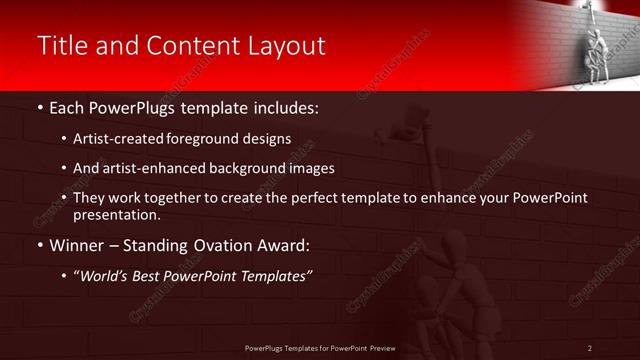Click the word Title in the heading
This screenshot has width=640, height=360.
coord(63,46)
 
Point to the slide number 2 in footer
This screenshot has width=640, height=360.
coord(589,348)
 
